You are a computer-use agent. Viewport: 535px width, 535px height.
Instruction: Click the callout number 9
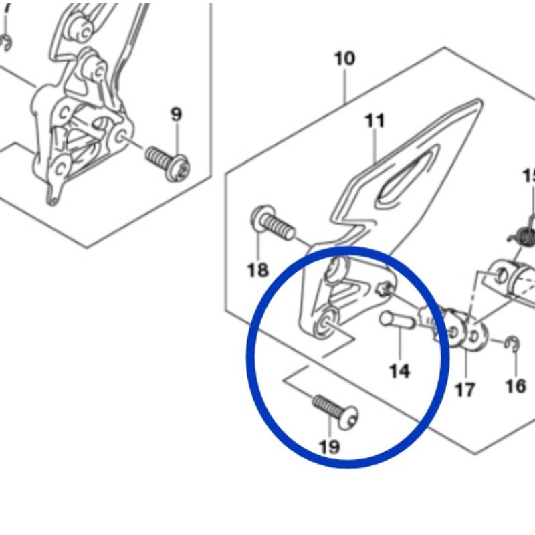point(176,114)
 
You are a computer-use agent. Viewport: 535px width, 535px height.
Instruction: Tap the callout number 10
point(344,59)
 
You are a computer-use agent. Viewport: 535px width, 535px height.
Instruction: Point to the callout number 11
point(374,121)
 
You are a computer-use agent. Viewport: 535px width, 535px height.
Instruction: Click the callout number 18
point(257,270)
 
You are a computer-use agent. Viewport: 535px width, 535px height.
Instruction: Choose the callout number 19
point(329,447)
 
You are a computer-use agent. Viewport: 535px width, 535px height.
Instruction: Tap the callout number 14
point(399,370)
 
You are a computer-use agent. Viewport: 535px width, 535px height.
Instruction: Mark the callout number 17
point(465,389)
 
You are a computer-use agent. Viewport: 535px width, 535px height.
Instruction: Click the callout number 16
point(516,386)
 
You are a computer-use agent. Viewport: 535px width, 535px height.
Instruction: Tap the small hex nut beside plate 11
point(385,289)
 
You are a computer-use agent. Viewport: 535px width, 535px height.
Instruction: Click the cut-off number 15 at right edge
point(529,176)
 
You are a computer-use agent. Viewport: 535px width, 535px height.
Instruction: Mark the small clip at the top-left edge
point(6,43)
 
